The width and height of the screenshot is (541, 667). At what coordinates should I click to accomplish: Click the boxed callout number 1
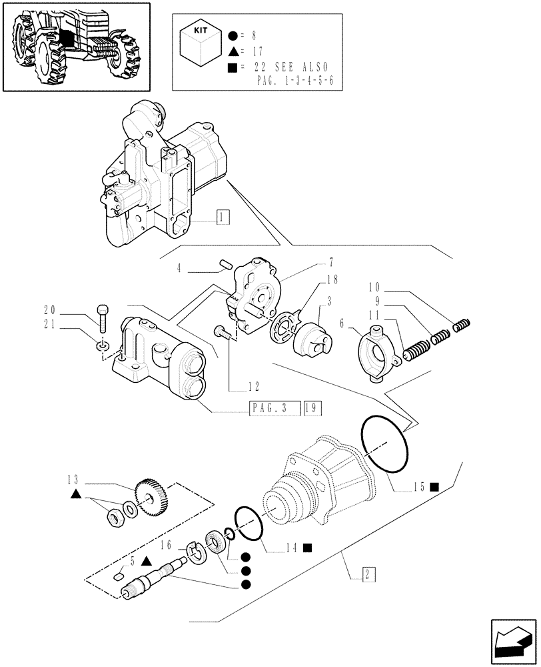pos(223,216)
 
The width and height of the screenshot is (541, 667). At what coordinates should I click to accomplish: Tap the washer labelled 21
pos(101,346)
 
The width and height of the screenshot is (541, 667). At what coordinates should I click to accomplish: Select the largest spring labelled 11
pos(414,348)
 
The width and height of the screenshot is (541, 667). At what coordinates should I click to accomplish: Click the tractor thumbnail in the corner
pos(75,46)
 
